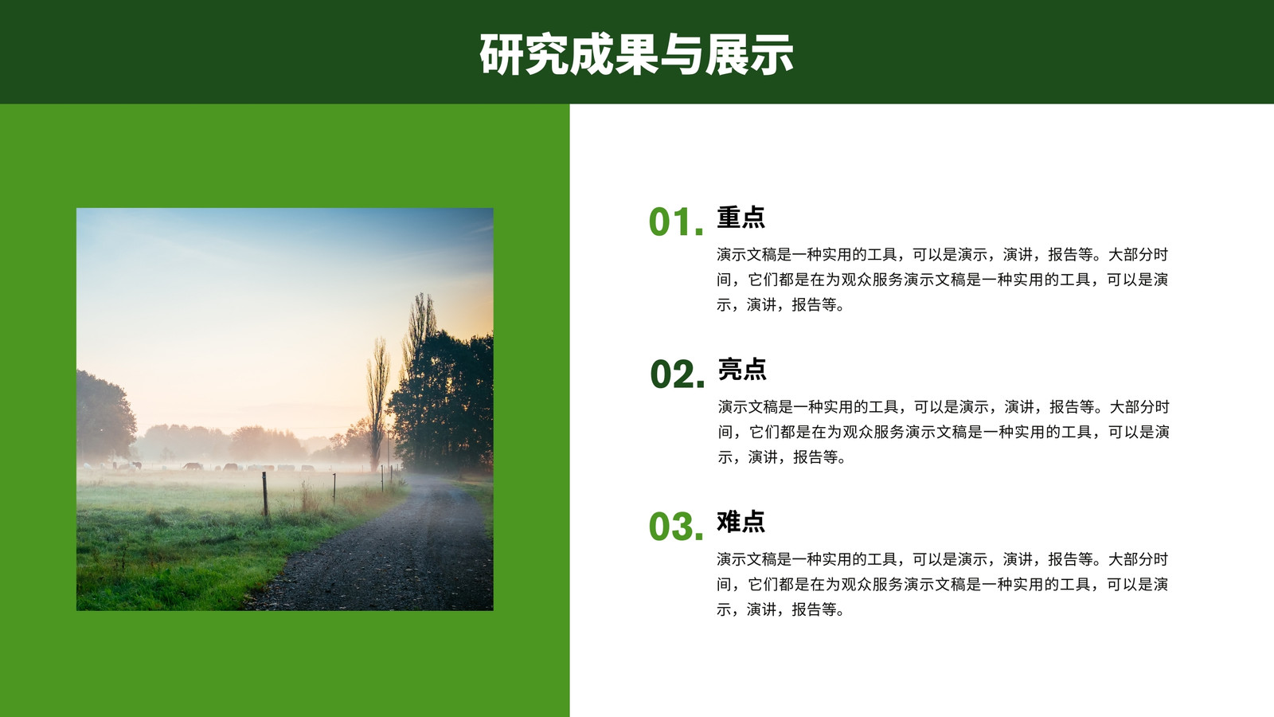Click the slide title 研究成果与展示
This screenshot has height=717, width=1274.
636,55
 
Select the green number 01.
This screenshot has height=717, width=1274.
676,222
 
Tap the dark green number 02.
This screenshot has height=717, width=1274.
678,374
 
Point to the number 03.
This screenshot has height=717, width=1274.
676,527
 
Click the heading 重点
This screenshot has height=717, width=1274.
741,217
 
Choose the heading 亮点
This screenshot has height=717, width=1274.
742,370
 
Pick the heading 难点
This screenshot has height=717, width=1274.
741,521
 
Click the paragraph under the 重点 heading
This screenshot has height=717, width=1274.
943,280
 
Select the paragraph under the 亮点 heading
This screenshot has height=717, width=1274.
944,432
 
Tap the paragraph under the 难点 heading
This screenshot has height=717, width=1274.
943,584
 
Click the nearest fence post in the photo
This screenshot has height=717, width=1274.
265,494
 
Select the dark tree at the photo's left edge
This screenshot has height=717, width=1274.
104,415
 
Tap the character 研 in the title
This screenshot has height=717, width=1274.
501,55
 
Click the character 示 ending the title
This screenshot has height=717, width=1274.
772,55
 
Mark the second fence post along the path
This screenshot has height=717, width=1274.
334,488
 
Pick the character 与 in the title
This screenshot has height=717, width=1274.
682,55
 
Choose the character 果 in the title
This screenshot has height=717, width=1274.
636,55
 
